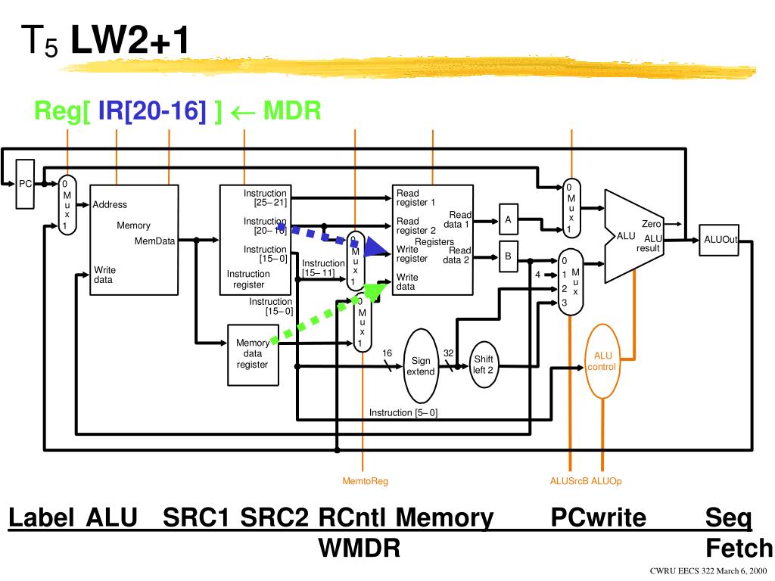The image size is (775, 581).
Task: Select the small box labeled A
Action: [x=509, y=219]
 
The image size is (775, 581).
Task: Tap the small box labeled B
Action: [x=509, y=256]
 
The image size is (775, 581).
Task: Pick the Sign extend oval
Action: [x=421, y=366]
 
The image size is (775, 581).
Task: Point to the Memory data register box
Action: [x=252, y=353]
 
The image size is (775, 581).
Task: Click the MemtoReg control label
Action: [x=365, y=481]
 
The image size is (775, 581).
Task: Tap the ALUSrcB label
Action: [x=569, y=481]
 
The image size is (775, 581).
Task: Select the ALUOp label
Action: [x=606, y=481]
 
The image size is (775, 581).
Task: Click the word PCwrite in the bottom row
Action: [x=599, y=518]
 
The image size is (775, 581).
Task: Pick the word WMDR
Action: [x=359, y=548]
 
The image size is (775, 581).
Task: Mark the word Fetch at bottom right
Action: [x=739, y=548]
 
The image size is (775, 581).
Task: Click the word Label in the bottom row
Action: [x=42, y=518]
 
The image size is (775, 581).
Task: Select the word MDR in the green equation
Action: [x=292, y=111]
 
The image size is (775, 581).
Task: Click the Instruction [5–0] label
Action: [x=403, y=412]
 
